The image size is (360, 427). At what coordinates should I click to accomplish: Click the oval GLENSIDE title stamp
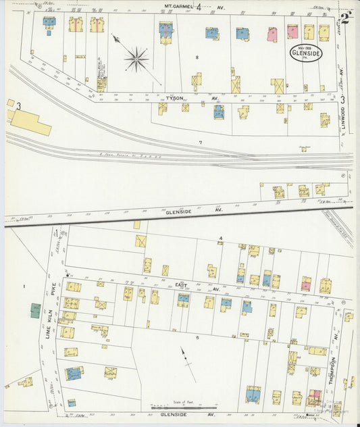coord(306,53)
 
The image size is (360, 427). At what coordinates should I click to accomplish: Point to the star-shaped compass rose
coord(136,59)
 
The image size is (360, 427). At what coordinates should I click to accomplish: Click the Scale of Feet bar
coord(184,407)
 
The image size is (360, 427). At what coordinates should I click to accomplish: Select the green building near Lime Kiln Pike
coord(35,311)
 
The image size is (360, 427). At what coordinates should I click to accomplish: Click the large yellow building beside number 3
coord(31,123)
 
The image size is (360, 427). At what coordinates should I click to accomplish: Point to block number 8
coord(197,58)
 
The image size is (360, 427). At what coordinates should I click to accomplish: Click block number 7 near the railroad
coord(201,143)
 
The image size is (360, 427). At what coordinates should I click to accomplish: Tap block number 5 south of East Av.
coord(198,337)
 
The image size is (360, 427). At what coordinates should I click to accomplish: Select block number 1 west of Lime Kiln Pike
coord(23,286)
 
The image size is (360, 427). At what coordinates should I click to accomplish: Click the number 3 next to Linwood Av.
coord(342,99)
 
